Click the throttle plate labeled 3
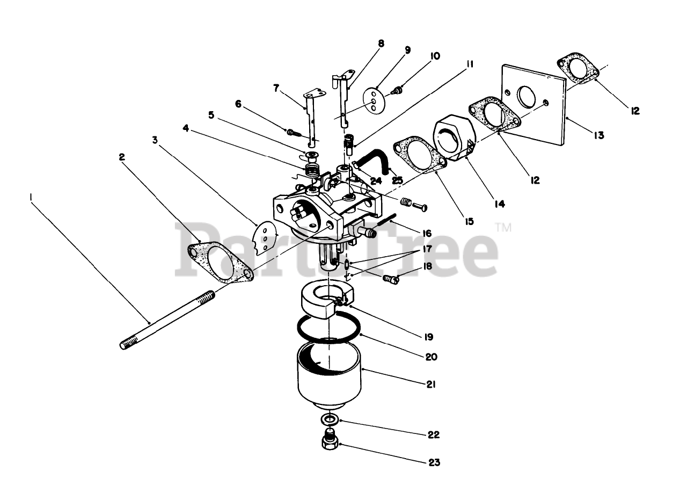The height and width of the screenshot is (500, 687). point(264,238)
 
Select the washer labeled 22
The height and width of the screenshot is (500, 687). point(329,419)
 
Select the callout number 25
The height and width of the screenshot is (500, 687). point(397,181)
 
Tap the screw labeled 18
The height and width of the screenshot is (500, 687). point(390,279)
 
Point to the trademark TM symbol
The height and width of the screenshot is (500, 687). point(503,228)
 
